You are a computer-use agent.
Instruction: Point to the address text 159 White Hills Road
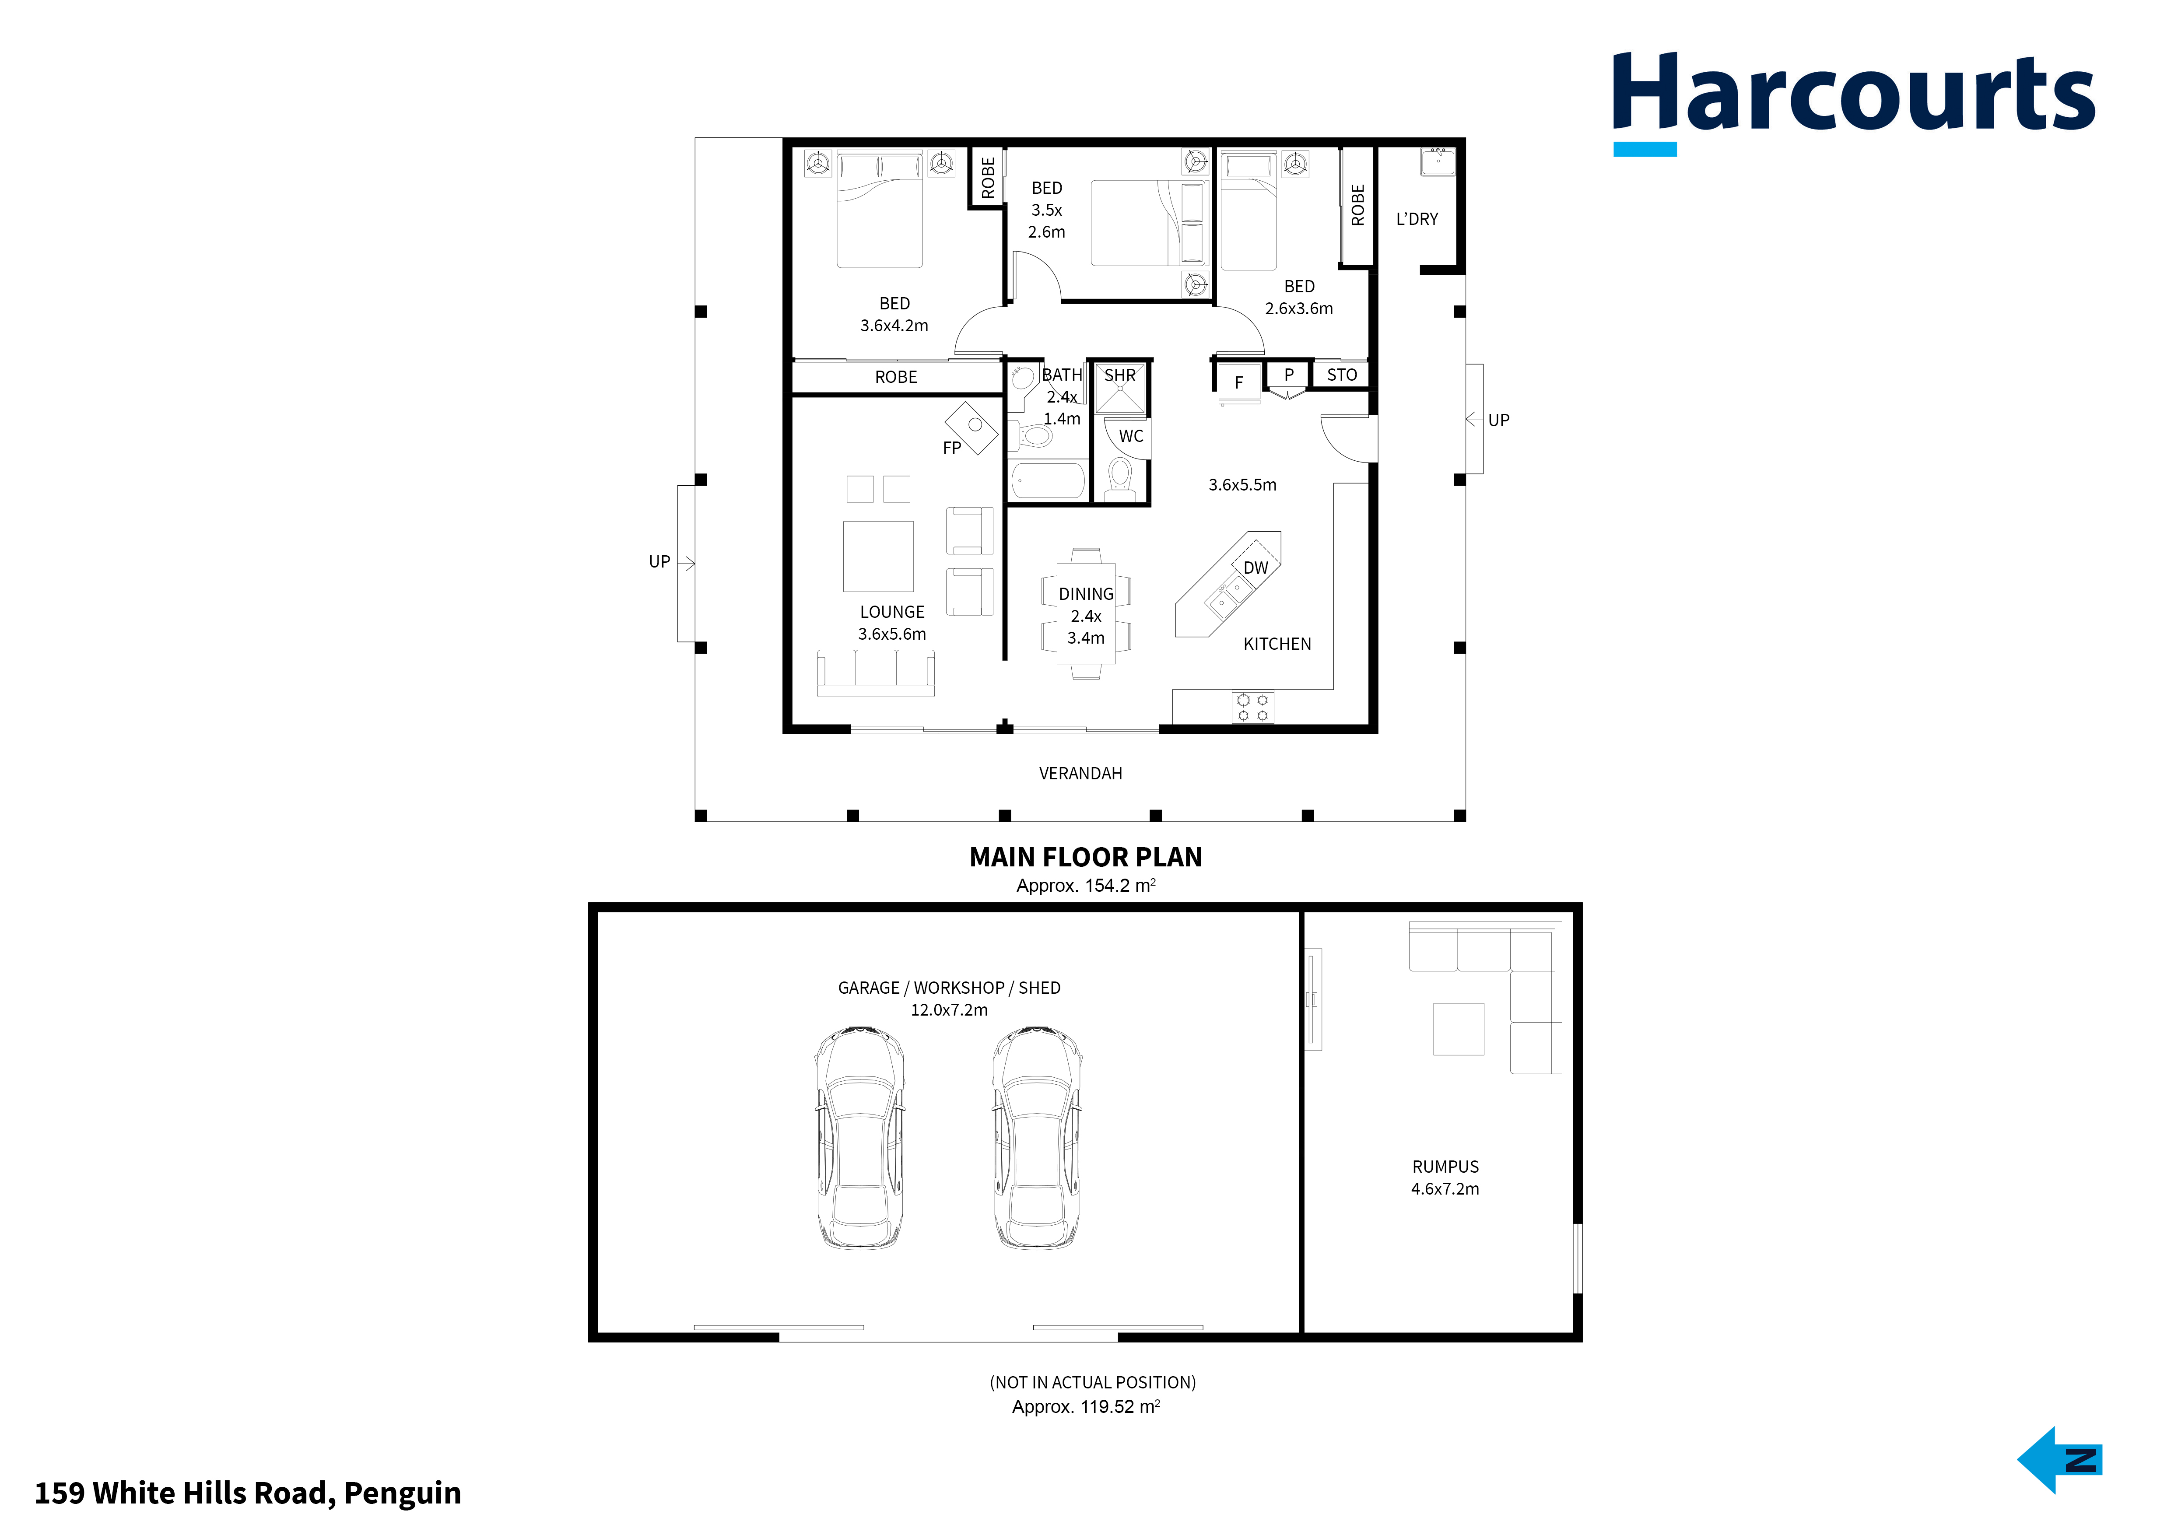point(248,1493)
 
